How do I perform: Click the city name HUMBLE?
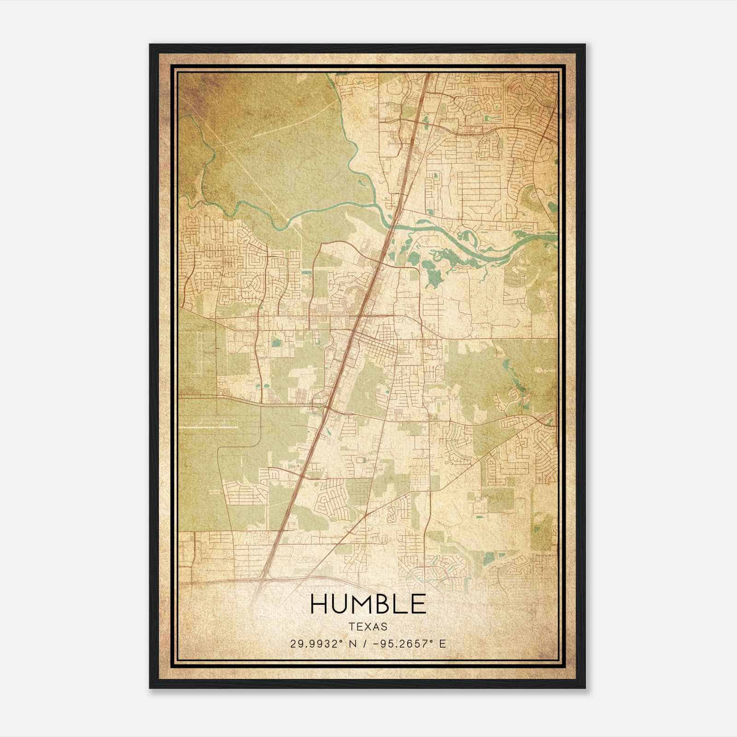click(368, 604)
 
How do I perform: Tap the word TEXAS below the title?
click(368, 627)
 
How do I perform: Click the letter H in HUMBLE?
click(318, 604)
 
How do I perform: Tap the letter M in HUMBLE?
click(361, 604)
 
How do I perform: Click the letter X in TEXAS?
click(368, 627)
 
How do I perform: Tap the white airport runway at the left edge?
click(203, 427)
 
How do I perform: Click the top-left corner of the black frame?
click(151, 45)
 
